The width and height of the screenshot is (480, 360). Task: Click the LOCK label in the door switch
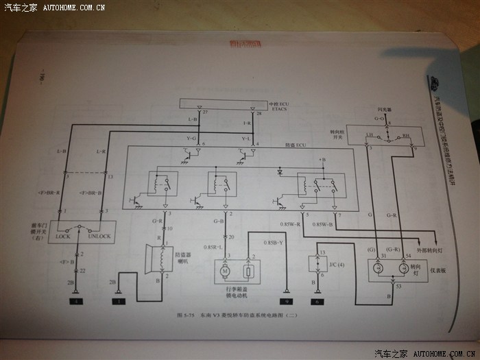(64, 237)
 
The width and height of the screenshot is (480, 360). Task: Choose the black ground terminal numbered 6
(317, 301)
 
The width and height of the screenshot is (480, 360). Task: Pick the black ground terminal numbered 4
(72, 301)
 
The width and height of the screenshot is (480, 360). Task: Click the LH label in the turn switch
(370, 135)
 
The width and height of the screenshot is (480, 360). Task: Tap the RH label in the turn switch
(406, 136)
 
